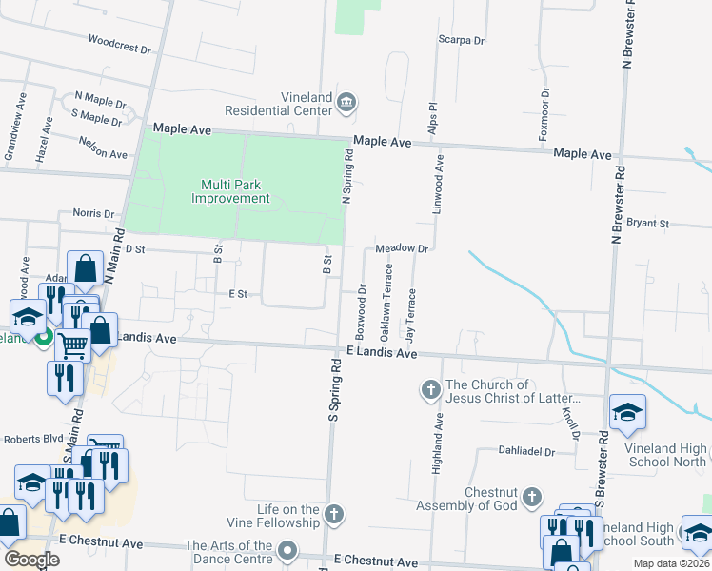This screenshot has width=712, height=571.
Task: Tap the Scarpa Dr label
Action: pos(461,41)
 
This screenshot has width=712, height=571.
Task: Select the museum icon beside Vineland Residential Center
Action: pos(346,102)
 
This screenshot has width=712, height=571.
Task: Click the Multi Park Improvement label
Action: pos(231,191)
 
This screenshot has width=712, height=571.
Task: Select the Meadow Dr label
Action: pos(404,248)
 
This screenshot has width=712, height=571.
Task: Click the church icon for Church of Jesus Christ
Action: pos(430,389)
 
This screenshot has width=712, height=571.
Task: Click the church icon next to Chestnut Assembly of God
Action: pos(532,497)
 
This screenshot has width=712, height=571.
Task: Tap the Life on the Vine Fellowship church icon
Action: pos(333,515)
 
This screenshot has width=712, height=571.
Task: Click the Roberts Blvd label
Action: pos(32,439)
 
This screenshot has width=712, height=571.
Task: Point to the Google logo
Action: pos(31,560)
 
